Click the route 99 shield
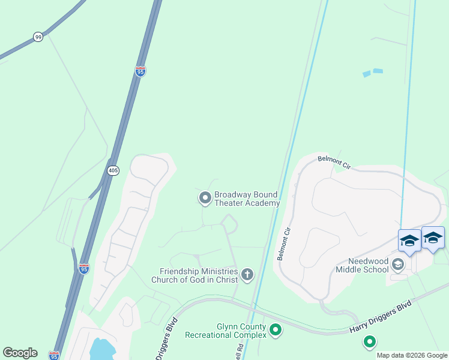pyautogui.click(x=38, y=37)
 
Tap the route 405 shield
pyautogui.click(x=113, y=171)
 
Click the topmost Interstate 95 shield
pyautogui.click(x=140, y=72)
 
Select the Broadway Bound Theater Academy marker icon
pyautogui.click(x=205, y=197)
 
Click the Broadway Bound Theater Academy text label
pyautogui.click(x=247, y=199)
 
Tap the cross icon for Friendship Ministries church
pyautogui.click(x=247, y=275)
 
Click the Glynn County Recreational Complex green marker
pyautogui.click(x=276, y=329)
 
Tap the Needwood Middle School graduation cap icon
pyautogui.click(x=397, y=264)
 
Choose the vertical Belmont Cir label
pyautogui.click(x=283, y=244)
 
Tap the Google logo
pyautogui.click(x=20, y=353)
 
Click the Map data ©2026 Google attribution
pyautogui.click(x=412, y=355)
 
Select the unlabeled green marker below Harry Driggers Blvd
pyautogui.click(x=369, y=343)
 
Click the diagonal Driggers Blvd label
pyautogui.click(x=166, y=339)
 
